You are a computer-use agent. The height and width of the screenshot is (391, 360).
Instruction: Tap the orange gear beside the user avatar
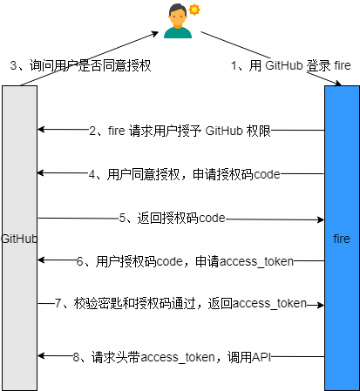pyautogui.click(x=194, y=10)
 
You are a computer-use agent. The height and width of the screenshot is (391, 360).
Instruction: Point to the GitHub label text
pyautogui.click(x=19, y=238)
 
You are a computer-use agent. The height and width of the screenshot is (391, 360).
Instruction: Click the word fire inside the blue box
pyautogui.click(x=342, y=238)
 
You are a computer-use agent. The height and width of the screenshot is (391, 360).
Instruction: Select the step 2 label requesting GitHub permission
pyautogui.click(x=180, y=131)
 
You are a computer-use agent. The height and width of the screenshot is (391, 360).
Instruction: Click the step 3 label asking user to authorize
pyautogui.click(x=80, y=65)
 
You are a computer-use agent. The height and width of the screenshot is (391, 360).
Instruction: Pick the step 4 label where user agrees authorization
pyautogui.click(x=184, y=173)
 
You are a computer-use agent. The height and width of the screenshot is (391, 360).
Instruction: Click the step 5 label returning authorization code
pyautogui.click(x=173, y=218)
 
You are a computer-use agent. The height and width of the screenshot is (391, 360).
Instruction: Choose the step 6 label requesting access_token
pyautogui.click(x=184, y=260)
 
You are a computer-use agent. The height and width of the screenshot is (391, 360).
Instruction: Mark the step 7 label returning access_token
pyautogui.click(x=180, y=303)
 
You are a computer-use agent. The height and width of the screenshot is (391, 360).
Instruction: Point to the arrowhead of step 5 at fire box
pyautogui.click(x=320, y=219)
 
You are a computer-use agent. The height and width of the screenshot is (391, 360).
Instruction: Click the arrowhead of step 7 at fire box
pyautogui.click(x=320, y=305)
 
